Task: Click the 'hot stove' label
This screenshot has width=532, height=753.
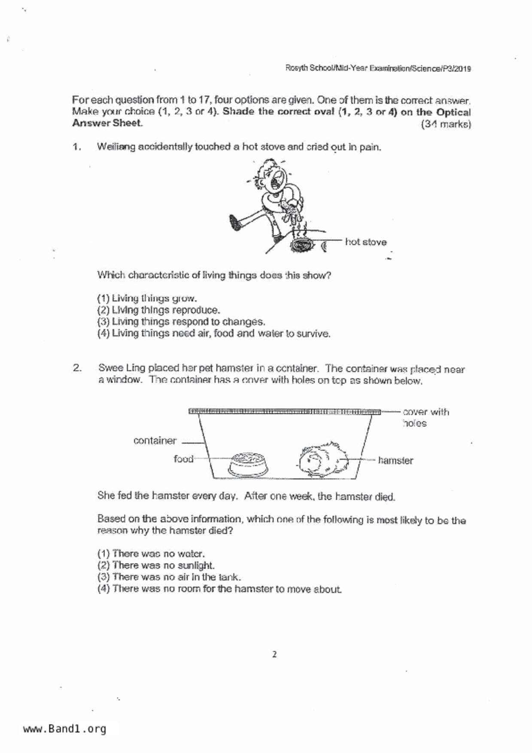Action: [x=365, y=242]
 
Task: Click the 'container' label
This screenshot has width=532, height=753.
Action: [x=155, y=441]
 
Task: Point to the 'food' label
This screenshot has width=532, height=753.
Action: [x=183, y=459]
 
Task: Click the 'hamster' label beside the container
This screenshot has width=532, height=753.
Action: [x=395, y=461]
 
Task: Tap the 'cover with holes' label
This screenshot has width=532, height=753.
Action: [x=425, y=417]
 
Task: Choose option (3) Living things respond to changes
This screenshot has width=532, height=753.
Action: [x=181, y=322]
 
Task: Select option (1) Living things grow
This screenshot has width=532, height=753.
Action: [x=147, y=298]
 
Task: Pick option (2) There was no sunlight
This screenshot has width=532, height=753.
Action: [x=156, y=565]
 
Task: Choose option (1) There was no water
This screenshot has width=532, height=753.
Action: [x=151, y=554]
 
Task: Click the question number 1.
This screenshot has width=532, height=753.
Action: [x=77, y=147]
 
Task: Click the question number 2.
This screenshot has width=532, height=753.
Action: [x=77, y=368]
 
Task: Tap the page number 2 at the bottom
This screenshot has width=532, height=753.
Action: [x=274, y=655]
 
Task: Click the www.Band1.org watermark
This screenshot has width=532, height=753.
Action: [x=64, y=729]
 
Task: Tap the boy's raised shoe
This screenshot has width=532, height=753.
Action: [x=235, y=222]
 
